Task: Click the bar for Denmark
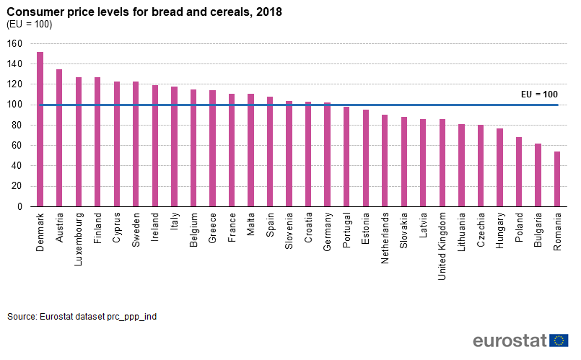point(40,129)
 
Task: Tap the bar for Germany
point(327,154)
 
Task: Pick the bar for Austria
point(59,138)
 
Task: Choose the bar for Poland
point(518,172)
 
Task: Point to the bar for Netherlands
point(385,160)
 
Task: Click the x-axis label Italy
point(174,221)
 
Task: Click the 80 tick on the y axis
point(18,126)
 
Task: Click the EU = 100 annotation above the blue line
point(539,95)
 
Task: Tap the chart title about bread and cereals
point(144,12)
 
